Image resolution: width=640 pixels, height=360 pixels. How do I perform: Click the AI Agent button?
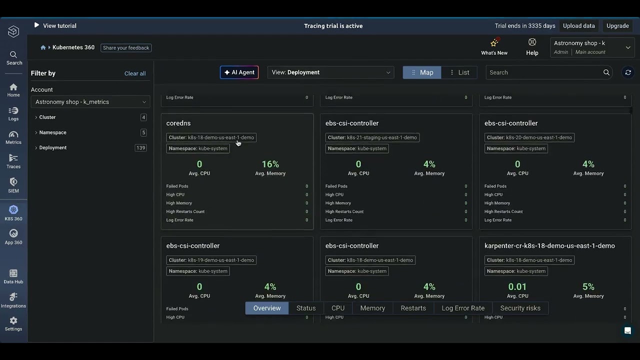coord(239,72)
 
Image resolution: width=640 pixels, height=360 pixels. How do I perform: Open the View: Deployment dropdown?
coord(330,72)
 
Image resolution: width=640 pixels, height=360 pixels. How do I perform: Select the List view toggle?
coord(459,72)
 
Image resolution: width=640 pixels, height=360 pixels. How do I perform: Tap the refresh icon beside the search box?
coord(628,72)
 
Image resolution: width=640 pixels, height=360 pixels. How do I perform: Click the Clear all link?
coord(135,73)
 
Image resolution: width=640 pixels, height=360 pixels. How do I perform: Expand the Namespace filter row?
coord(52,132)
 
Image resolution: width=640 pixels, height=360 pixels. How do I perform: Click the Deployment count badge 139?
coord(141,148)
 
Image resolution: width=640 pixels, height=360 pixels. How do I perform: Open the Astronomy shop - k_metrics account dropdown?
coord(90,102)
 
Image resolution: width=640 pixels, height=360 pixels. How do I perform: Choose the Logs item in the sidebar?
coord(13,113)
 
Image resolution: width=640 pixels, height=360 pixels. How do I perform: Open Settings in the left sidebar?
coord(13,323)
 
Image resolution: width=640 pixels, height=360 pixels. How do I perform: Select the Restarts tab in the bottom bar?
coord(413,308)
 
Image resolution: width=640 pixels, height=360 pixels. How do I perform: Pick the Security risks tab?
coord(520,308)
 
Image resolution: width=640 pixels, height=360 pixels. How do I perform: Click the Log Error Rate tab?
coord(463,308)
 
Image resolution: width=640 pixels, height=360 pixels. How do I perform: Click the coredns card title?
coord(178,123)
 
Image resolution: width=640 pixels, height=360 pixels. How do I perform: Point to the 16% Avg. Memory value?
coord(270,164)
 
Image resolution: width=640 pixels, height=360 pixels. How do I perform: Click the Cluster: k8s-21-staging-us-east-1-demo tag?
coord(372,137)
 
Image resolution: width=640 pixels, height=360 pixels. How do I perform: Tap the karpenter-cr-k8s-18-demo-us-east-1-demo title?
coord(549,246)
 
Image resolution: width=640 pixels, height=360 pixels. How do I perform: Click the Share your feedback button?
coord(126,48)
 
